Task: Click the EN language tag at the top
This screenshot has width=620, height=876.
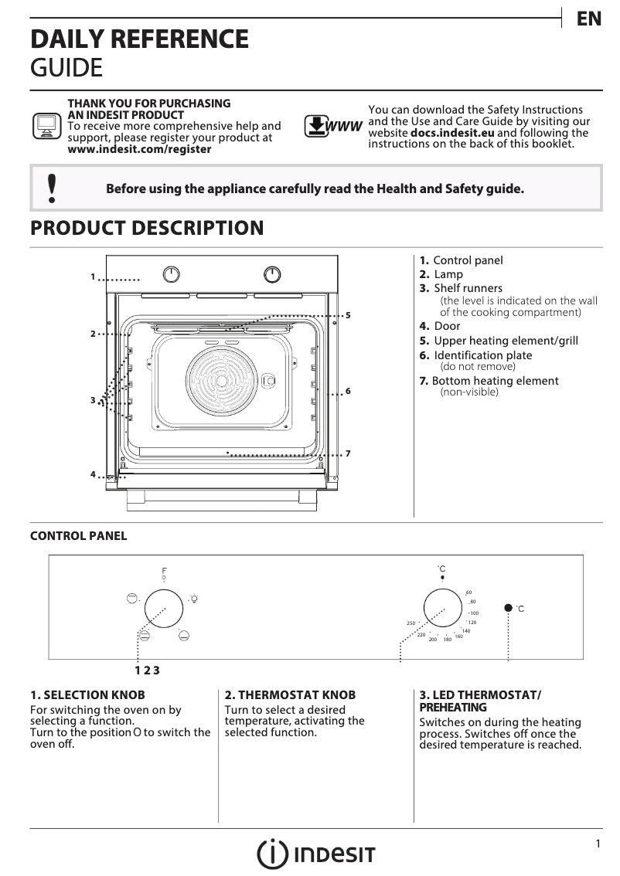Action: pyautogui.click(x=589, y=20)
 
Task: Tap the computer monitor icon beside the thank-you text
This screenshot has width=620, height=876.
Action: pyautogui.click(x=46, y=125)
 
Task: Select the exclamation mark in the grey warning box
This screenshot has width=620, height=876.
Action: pyautogui.click(x=52, y=188)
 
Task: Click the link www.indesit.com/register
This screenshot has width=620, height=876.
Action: pyautogui.click(x=139, y=149)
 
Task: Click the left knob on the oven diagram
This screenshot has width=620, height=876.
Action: pyautogui.click(x=172, y=274)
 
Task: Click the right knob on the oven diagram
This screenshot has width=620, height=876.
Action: pyautogui.click(x=272, y=274)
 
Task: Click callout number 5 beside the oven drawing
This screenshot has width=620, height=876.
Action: pyautogui.click(x=349, y=315)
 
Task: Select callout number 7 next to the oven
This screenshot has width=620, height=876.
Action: pyautogui.click(x=349, y=453)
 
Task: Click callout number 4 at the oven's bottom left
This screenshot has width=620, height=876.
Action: pyautogui.click(x=93, y=474)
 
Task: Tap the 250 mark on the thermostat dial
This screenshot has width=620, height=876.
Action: pyautogui.click(x=411, y=623)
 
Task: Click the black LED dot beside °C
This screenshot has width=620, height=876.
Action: pyautogui.click(x=508, y=608)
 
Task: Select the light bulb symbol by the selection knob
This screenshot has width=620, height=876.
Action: pyautogui.click(x=195, y=598)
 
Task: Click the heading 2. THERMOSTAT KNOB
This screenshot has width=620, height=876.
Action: pyautogui.click(x=290, y=694)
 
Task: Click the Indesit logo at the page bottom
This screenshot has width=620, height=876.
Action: pyautogui.click(x=316, y=854)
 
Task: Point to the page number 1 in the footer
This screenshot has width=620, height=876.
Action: pyautogui.click(x=598, y=844)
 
